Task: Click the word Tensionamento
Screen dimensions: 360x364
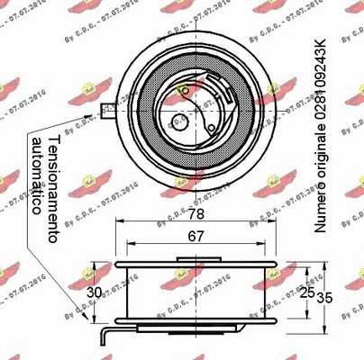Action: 53,188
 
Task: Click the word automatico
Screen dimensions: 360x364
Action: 36,176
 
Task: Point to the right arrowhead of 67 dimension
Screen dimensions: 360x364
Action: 259,246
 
